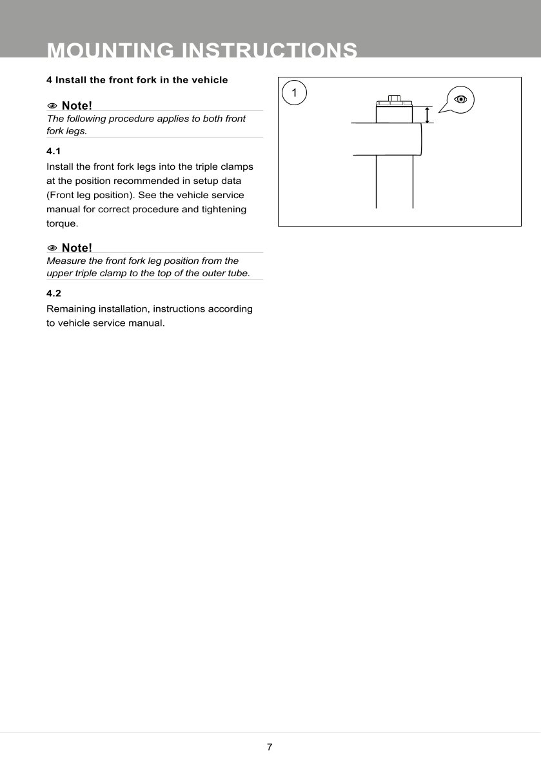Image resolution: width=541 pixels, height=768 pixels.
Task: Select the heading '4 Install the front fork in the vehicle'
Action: (137, 80)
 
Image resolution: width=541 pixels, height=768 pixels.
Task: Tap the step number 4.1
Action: (54, 151)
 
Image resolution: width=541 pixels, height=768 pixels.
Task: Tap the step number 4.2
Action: (54, 293)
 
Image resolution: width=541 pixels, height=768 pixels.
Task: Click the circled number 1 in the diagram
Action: (295, 93)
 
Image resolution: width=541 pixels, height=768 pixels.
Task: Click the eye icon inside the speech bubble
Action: (460, 99)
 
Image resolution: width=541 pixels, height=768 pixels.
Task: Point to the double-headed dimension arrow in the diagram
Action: (428, 114)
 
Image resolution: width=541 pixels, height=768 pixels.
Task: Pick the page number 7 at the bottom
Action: (270, 747)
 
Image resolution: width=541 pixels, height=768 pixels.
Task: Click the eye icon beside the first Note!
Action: (52, 105)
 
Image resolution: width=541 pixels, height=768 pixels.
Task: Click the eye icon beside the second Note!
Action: (52, 248)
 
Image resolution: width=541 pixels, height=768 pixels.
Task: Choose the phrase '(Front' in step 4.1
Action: (61, 195)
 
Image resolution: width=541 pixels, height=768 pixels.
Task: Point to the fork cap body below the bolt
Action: (394, 114)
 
